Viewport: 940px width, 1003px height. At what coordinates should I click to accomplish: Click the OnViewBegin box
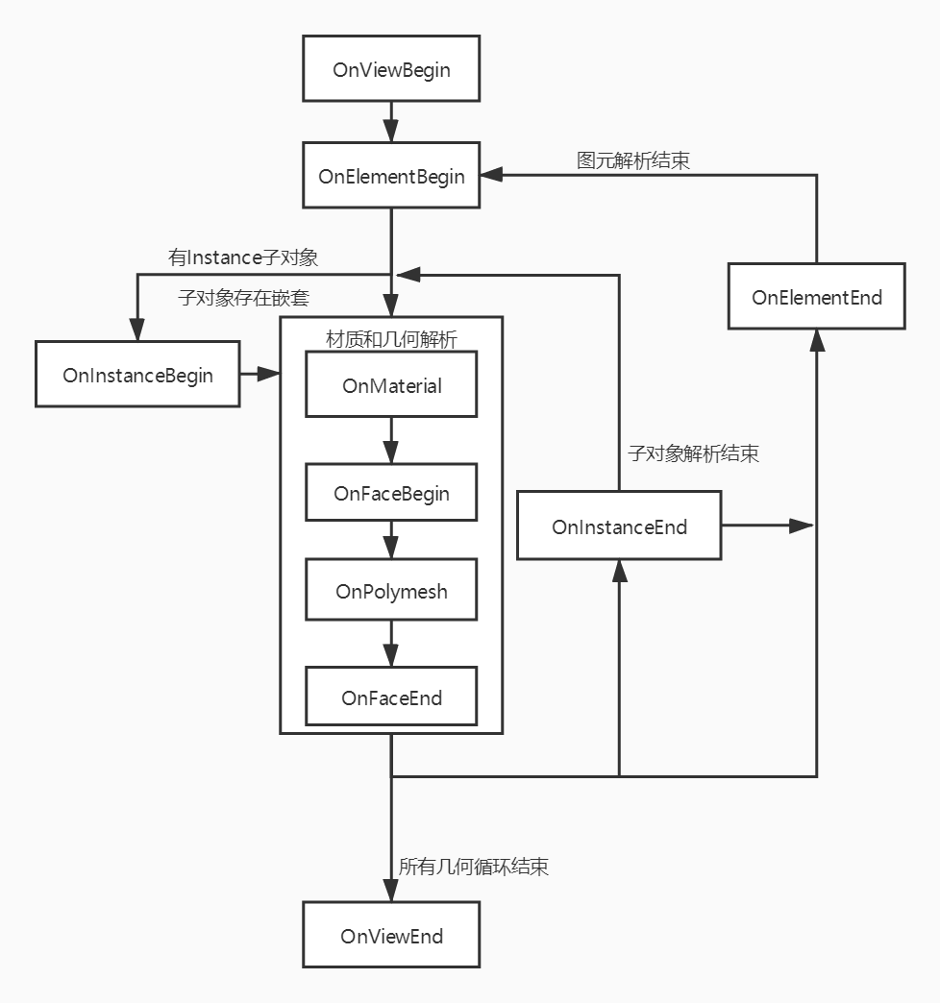tap(391, 69)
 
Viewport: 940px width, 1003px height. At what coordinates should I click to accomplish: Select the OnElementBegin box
tap(391, 176)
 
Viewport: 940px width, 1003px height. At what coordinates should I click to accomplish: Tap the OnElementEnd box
tap(816, 296)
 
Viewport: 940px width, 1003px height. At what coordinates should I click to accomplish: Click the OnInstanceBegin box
tap(137, 374)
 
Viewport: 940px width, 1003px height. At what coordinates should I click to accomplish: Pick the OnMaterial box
tap(391, 384)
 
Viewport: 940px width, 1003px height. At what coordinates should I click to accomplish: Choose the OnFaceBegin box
tap(391, 493)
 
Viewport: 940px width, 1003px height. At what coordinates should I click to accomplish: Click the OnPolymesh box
tap(391, 590)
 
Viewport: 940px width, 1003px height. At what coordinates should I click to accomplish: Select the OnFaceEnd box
tap(391, 697)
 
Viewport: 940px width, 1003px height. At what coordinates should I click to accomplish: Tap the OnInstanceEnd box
tap(619, 526)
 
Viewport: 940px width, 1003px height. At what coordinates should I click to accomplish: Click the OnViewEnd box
tap(391, 935)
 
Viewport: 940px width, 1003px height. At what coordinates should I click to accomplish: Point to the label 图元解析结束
tap(633, 159)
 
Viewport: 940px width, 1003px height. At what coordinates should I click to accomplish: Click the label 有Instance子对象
tap(243, 257)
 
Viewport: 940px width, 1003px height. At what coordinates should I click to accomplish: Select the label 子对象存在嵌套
tap(243, 297)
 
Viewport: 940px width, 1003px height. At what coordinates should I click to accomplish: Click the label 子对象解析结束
tap(693, 453)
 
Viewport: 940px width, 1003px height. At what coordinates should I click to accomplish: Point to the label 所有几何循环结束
tap(474, 866)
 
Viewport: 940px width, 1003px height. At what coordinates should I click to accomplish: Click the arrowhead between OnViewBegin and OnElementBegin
tap(391, 130)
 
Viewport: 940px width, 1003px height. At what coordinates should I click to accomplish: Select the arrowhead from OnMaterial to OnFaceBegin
tap(391, 452)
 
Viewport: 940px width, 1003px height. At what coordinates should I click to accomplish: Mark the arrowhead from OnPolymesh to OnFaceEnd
tap(391, 655)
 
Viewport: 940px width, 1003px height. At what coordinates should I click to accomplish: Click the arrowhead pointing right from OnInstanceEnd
tap(802, 526)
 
